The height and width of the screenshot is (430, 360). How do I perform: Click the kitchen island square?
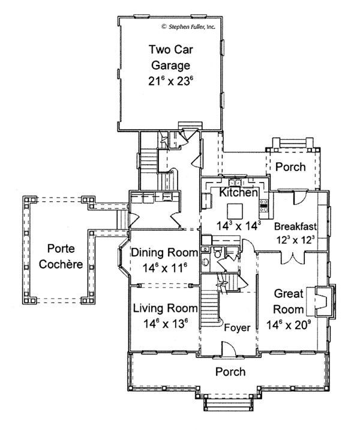coord(235,210)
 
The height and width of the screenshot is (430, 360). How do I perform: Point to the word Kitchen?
coord(239,193)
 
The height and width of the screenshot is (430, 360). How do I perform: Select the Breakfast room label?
coord(298,226)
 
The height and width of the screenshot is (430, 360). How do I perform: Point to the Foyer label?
coord(236,328)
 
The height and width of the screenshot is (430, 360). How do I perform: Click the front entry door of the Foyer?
coord(227,348)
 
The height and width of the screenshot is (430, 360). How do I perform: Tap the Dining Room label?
coord(161,252)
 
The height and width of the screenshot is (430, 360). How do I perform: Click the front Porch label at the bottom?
coord(230,372)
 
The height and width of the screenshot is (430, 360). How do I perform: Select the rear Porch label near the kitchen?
coord(290,167)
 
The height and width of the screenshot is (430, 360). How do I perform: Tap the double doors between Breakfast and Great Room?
coord(292,258)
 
